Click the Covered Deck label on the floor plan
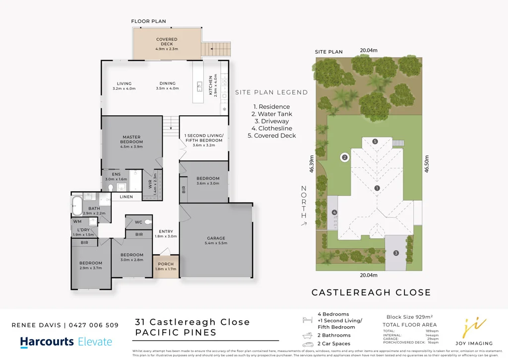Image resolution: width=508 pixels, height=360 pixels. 167,44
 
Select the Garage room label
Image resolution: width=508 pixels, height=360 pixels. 216,240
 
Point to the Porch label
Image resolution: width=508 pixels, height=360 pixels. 166,266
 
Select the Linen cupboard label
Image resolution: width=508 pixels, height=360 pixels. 126,197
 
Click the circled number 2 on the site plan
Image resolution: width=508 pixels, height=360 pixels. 344,157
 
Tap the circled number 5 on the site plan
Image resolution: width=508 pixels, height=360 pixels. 375,142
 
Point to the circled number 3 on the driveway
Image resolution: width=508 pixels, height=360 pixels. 396,253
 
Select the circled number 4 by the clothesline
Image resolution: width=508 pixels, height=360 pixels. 335,213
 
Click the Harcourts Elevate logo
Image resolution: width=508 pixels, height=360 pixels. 66,342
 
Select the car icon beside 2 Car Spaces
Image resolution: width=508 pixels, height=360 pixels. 307,343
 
